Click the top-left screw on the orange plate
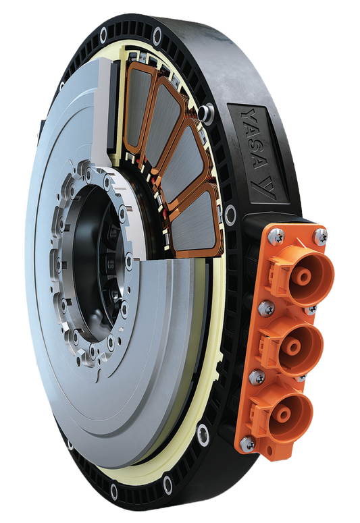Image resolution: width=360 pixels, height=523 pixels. [274, 237]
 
